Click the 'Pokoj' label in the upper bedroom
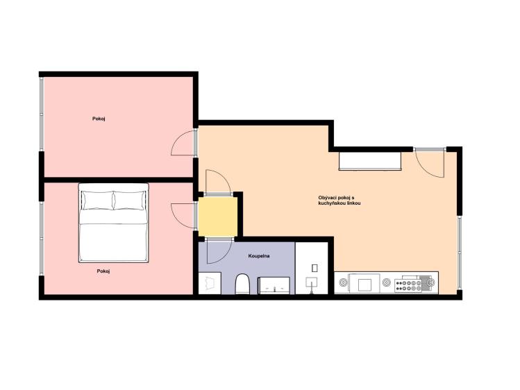tap(99, 119)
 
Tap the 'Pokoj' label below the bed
tap(103, 271)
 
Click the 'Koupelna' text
tap(259, 256)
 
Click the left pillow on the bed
tap(97, 201)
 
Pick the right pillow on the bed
tap(130, 201)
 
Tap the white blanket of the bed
tap(114, 239)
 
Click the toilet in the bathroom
tap(242, 283)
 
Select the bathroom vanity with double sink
tap(276, 285)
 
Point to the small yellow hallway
tap(217, 217)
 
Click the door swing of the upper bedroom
tap(183, 144)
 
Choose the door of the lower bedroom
tap(183, 214)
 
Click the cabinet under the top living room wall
tap(369, 161)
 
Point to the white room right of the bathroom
tap(314, 267)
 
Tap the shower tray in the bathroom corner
tap(210, 283)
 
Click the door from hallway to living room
tap(217, 184)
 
